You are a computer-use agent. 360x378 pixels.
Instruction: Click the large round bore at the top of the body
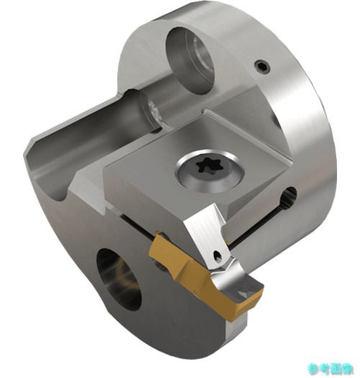[x=191, y=60]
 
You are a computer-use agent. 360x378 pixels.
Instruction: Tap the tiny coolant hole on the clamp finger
[x=218, y=256]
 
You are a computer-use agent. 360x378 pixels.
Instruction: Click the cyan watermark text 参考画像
[x=330, y=369]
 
